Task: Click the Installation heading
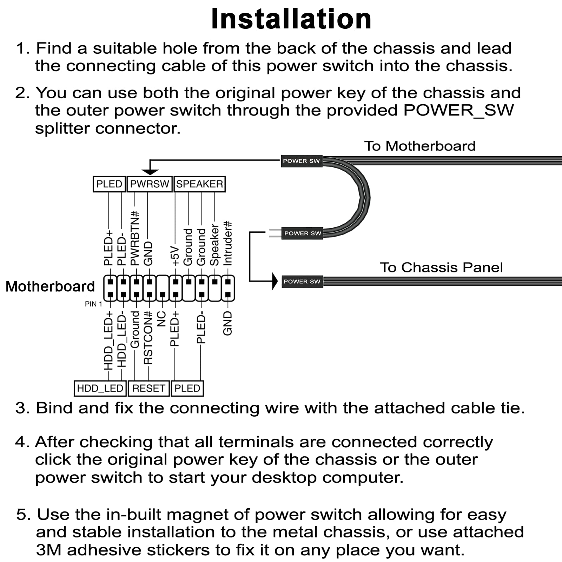click(x=291, y=19)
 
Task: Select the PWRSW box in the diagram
click(x=150, y=184)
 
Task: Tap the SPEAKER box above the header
click(x=199, y=184)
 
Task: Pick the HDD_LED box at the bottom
click(x=100, y=388)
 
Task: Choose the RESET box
click(x=148, y=388)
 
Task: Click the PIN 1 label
click(x=93, y=304)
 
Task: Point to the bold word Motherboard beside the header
click(x=50, y=286)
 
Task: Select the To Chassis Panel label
click(x=441, y=267)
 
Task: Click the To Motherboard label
click(x=420, y=146)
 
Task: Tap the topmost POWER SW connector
click(x=302, y=161)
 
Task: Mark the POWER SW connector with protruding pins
click(x=302, y=233)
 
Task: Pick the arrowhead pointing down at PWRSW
click(x=150, y=172)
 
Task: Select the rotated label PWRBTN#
click(x=135, y=238)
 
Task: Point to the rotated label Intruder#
click(x=227, y=243)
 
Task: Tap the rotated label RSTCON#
click(x=148, y=338)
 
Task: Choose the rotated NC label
click(x=161, y=319)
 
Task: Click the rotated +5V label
click(x=175, y=256)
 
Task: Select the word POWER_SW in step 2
click(x=458, y=111)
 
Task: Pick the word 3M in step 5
click(x=48, y=550)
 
